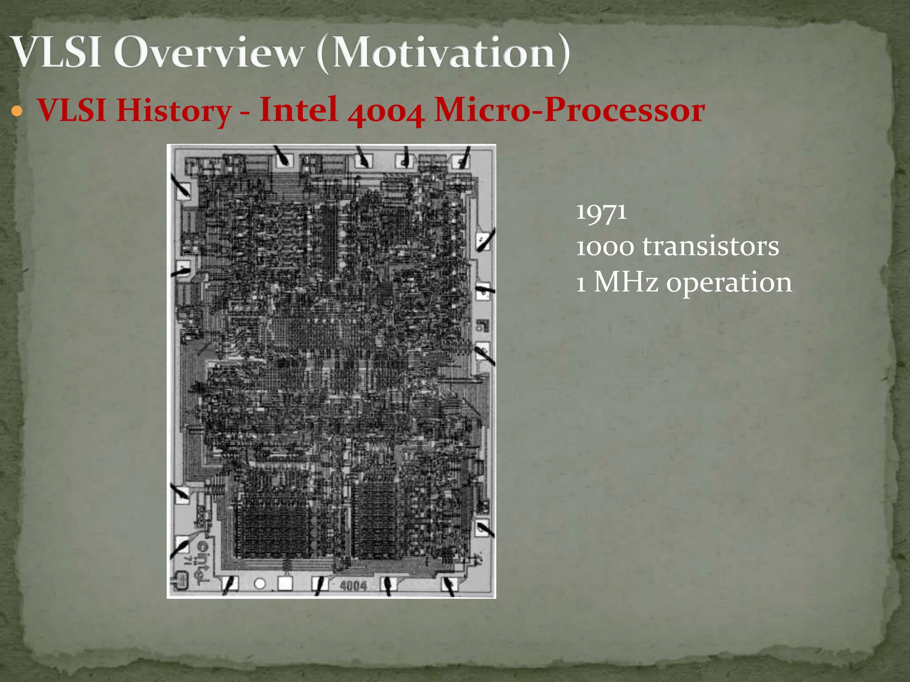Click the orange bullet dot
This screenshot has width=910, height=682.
coord(17,111)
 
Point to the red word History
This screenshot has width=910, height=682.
coord(173,111)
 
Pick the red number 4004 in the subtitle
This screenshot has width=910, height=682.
coord(385,111)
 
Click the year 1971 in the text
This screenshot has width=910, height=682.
coord(601,212)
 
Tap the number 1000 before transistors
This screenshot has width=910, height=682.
coord(605,247)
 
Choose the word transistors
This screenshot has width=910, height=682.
coord(710,247)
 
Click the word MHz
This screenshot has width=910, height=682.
coord(626,282)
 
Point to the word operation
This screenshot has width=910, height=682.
coord(729,283)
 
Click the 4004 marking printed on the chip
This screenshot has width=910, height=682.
coord(353,586)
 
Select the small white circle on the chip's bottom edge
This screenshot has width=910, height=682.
coord(260,583)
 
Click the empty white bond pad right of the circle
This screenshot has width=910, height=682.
coord(285,583)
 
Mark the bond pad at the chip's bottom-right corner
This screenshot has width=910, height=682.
coord(449,585)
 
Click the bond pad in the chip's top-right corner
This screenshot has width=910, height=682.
coord(460,161)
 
